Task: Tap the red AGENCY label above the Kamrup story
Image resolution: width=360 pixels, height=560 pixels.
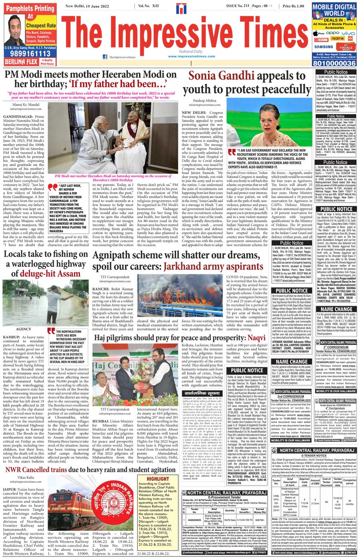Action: (23, 329)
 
